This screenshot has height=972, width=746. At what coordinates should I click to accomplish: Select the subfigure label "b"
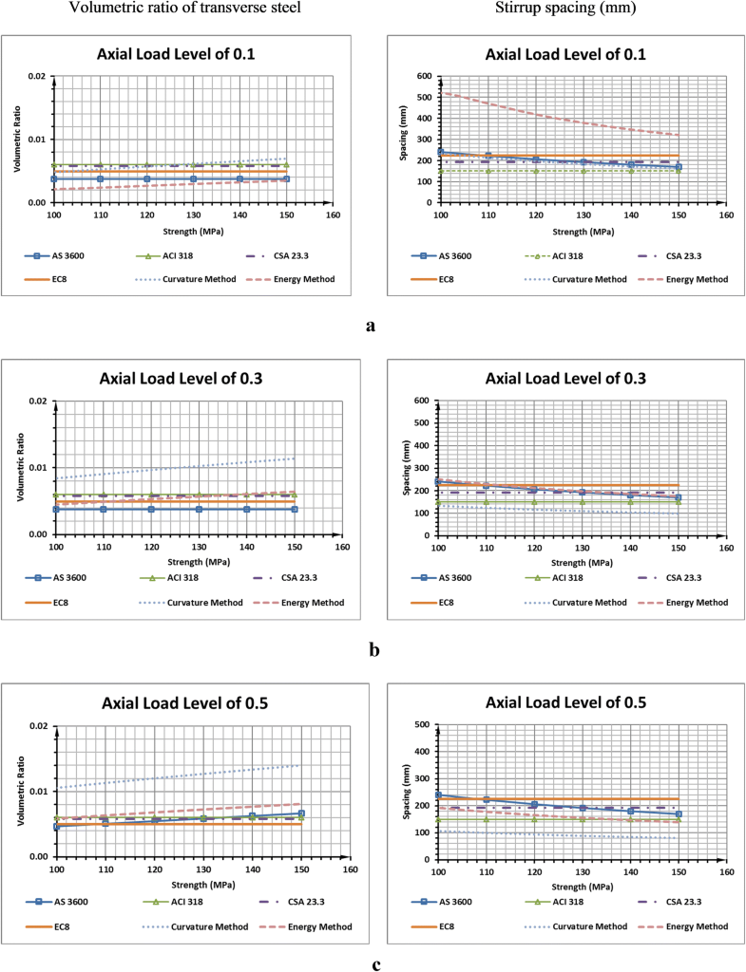373,650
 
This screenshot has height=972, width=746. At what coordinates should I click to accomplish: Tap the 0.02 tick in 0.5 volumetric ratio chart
39,726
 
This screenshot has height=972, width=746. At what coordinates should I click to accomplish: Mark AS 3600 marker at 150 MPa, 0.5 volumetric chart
300,813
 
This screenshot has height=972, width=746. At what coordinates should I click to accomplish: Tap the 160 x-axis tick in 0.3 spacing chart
725,549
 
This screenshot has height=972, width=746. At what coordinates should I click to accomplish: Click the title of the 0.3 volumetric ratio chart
180,380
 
